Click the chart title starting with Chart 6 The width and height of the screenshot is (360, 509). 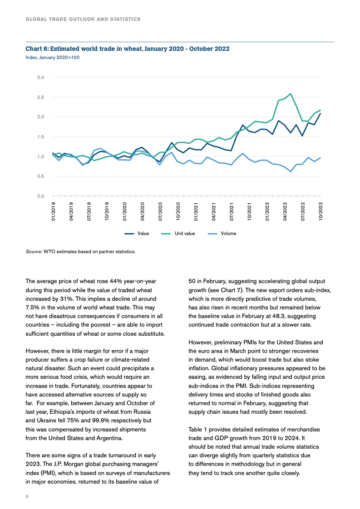point(127,49)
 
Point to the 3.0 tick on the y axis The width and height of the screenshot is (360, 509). point(40,78)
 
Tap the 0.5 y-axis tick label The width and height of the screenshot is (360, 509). point(40,176)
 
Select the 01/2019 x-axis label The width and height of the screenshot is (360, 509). point(54,212)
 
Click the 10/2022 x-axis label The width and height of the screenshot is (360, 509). point(321,212)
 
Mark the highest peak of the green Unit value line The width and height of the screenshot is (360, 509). point(290,93)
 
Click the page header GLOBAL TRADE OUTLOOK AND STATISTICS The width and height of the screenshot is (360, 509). point(83,20)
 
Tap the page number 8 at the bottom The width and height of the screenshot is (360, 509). point(27,497)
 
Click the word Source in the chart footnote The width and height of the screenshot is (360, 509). point(34,251)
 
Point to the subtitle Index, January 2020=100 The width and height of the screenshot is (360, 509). point(53,58)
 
